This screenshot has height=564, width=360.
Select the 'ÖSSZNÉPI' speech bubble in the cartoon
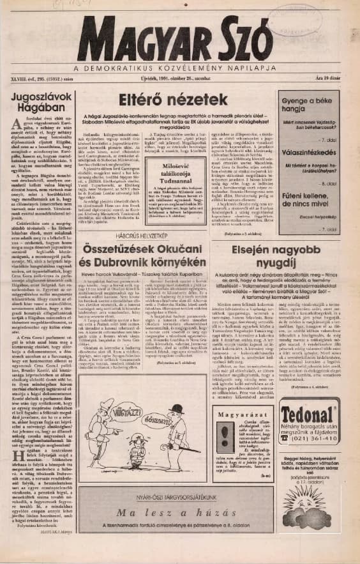[156, 422]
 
